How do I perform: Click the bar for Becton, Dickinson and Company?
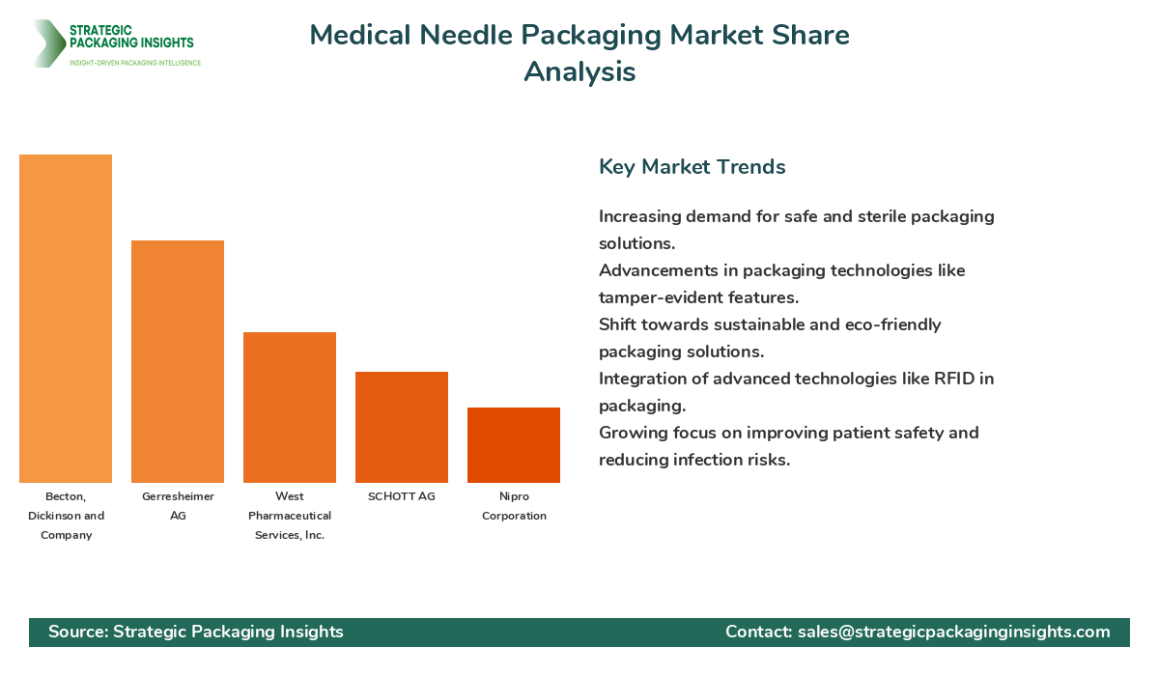[66, 319]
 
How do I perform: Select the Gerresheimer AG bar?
[178, 362]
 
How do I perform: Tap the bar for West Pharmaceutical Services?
[290, 408]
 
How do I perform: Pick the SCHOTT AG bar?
[402, 427]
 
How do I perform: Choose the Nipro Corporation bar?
[514, 445]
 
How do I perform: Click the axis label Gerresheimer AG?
[178, 506]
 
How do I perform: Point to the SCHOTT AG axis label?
[402, 496]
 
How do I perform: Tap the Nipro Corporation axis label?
[514, 506]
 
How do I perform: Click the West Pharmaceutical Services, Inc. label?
[290, 516]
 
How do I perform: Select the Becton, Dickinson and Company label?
[66, 516]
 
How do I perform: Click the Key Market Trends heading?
[692, 167]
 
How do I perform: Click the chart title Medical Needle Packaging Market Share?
[579, 36]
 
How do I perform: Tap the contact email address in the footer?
[953, 632]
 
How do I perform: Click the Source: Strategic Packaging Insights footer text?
[196, 632]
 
